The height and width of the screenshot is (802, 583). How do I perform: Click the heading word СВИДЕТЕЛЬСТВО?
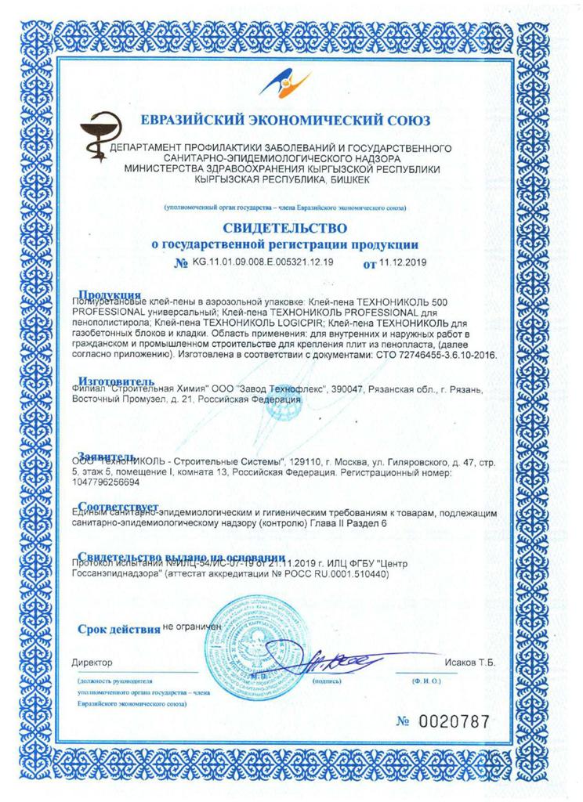point(291,228)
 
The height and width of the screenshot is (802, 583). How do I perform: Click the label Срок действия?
point(118,629)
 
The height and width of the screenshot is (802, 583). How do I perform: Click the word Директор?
point(92,663)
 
